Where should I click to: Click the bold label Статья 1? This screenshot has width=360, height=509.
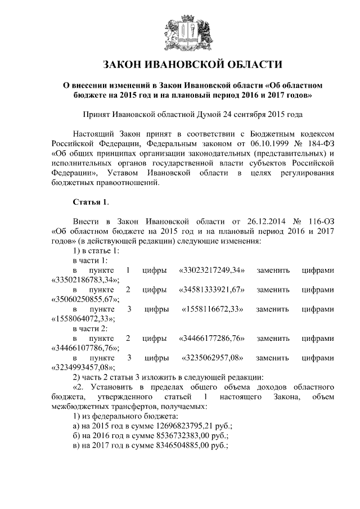click(87, 201)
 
